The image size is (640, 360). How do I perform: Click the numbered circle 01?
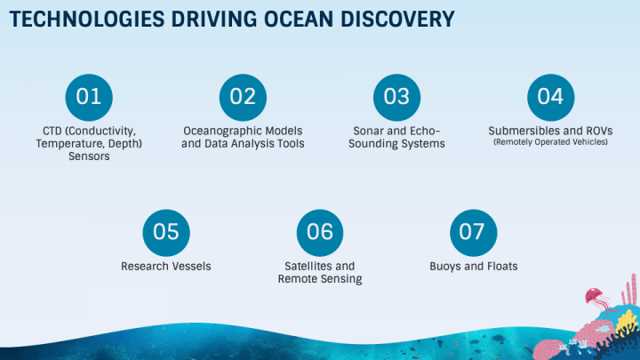coord(89,97)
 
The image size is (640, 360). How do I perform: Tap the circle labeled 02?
coord(243,97)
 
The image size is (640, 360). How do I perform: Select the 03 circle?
coord(396,97)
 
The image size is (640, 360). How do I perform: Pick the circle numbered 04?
coord(550,97)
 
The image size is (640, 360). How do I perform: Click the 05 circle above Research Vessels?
coord(166,233)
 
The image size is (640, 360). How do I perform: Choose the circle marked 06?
coord(320,233)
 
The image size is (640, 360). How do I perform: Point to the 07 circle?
coord(474,233)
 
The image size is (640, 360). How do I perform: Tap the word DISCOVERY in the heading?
coord(397,20)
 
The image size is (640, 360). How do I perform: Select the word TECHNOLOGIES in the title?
coord(87,20)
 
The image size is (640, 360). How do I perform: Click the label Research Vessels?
coord(166,266)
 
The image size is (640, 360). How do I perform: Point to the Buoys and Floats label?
coord(474,266)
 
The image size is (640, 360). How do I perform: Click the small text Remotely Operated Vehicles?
coord(550,142)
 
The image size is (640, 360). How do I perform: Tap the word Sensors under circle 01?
coord(89,156)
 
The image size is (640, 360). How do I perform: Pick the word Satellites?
coord(302,266)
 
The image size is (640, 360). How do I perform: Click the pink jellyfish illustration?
coord(595,300)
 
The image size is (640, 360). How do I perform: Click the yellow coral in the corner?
coord(627,321)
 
